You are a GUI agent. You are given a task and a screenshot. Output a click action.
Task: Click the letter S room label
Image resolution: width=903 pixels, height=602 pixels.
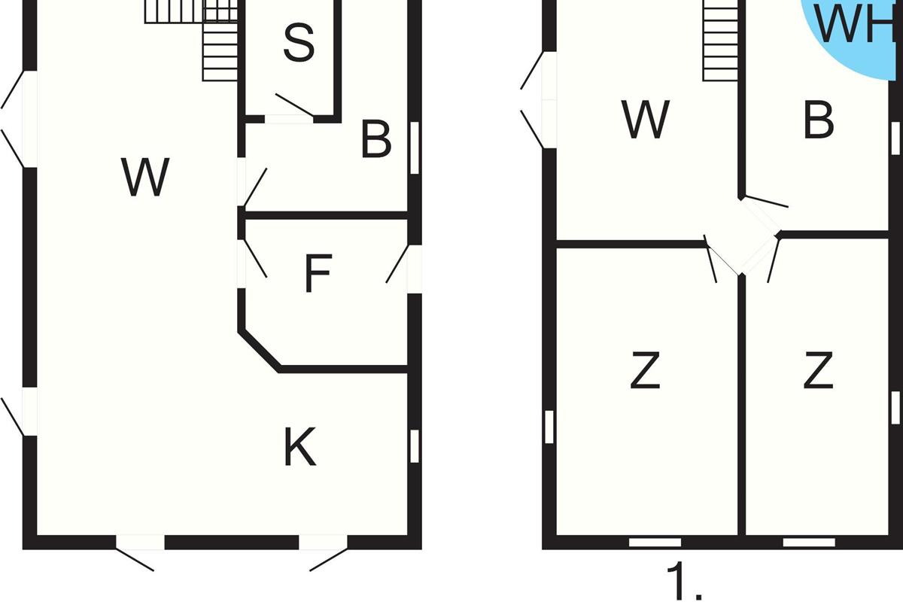tap(299, 43)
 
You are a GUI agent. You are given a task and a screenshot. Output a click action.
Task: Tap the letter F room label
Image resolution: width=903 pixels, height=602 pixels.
tap(318, 274)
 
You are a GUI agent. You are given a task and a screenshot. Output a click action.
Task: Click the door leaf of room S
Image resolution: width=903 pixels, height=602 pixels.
tap(294, 105)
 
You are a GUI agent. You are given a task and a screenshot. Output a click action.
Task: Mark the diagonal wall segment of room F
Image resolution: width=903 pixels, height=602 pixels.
tap(260, 350)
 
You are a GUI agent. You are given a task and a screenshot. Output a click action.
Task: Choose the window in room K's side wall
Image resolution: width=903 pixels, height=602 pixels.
tap(414, 445)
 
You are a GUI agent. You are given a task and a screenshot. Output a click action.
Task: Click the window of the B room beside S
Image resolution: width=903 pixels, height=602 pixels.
tap(414, 147)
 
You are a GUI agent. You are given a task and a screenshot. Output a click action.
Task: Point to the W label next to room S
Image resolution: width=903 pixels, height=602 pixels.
tap(146, 178)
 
